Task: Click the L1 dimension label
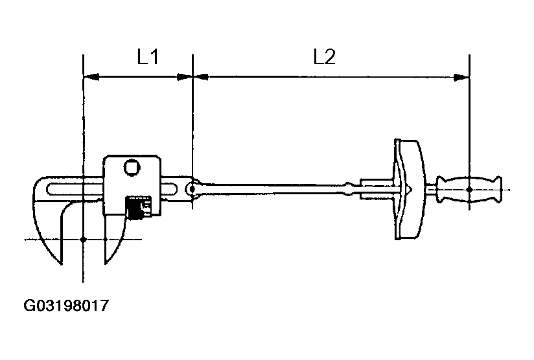(x=148, y=58)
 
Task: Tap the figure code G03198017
(x=65, y=305)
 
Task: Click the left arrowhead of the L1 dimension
(x=91, y=77)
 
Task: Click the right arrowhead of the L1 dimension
(x=185, y=77)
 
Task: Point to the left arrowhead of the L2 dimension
(x=201, y=77)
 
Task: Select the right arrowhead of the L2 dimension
(x=461, y=77)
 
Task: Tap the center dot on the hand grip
(x=469, y=189)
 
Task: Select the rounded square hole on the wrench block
(x=132, y=167)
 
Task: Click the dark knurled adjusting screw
(x=135, y=208)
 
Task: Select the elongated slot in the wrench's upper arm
(x=71, y=189)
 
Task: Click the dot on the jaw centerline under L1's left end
(x=84, y=240)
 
